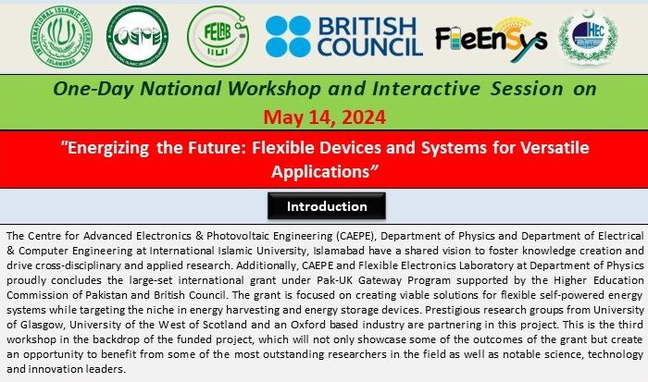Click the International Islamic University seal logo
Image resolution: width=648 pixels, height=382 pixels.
[61, 37]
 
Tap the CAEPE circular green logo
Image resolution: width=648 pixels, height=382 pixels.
[137, 36]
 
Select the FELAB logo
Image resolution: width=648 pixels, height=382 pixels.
[218, 36]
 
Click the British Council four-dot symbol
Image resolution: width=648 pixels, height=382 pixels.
[288, 36]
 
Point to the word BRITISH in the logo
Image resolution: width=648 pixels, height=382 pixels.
[367, 27]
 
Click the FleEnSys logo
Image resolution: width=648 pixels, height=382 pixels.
[492, 39]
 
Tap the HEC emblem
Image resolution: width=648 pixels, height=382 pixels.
[588, 37]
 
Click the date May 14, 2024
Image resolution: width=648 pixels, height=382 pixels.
[324, 117]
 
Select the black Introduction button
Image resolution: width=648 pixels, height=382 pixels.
[327, 205]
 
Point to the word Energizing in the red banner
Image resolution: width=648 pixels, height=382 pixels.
[105, 148]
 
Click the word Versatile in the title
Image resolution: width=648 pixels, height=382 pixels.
[555, 147]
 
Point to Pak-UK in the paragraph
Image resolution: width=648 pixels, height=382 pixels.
[332, 280]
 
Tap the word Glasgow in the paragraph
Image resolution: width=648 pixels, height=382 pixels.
[43, 325]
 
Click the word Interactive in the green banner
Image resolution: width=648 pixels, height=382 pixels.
[426, 89]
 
